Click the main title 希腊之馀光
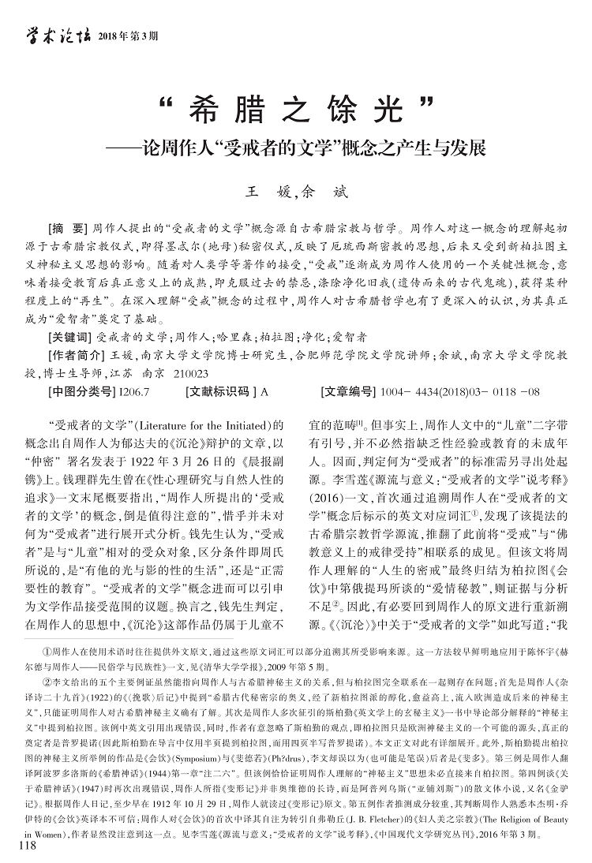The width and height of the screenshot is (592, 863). tap(296, 111)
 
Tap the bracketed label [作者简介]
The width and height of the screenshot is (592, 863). tap(76, 355)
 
